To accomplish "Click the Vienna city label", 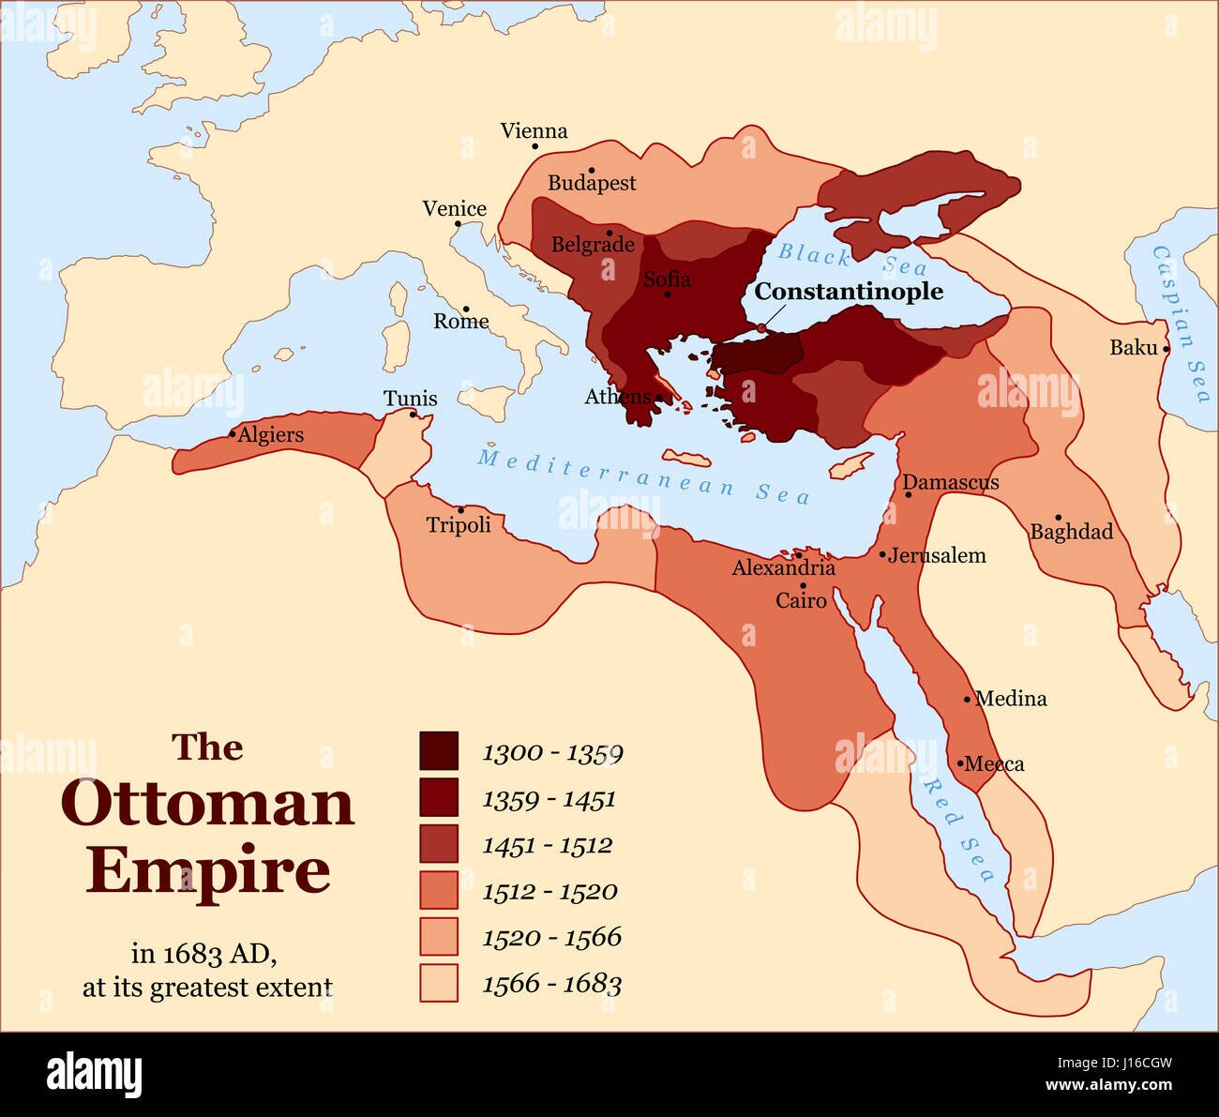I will coord(534,131).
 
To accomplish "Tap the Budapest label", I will coord(592,183).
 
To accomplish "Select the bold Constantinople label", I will coord(849,292).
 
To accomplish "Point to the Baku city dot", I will coord(1166,349).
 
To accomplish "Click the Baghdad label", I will coord(1072,532).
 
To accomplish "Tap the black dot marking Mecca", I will coord(960,763).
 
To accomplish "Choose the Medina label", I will coord(1011,699).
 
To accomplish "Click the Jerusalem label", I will coord(937,555).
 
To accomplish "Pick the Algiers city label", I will coord(270,435).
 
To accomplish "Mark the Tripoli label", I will coord(459,525).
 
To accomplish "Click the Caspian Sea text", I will coord(1181,324).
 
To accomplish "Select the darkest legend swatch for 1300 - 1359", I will coord(439,751).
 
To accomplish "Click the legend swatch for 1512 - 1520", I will coord(439,890).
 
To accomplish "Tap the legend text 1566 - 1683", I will coord(551,984).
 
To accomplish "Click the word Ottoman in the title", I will coord(207,804).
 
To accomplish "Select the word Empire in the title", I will coord(207,871).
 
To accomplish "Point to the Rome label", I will coord(460,322).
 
